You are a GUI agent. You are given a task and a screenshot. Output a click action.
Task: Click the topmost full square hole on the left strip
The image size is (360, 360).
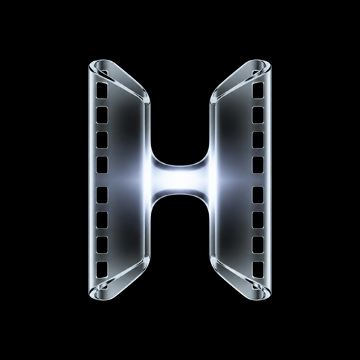[x=102, y=90]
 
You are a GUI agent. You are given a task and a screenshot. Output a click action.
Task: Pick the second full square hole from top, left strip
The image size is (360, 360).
[x=102, y=115]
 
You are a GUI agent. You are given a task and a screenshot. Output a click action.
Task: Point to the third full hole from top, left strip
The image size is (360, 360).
[x=102, y=140]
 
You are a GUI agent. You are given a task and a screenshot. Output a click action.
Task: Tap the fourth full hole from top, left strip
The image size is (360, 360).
[x=102, y=165]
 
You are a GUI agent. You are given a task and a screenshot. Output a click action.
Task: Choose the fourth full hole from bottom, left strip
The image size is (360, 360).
[x=102, y=195]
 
